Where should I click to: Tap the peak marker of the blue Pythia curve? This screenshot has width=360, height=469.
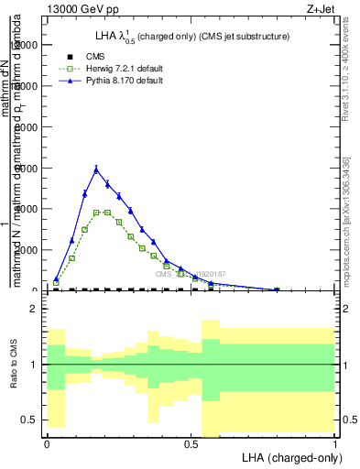point(96,169)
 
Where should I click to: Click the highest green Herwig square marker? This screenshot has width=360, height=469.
point(96,213)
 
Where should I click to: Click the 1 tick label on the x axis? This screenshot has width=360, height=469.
point(335,444)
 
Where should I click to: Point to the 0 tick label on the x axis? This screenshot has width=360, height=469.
point(46,444)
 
